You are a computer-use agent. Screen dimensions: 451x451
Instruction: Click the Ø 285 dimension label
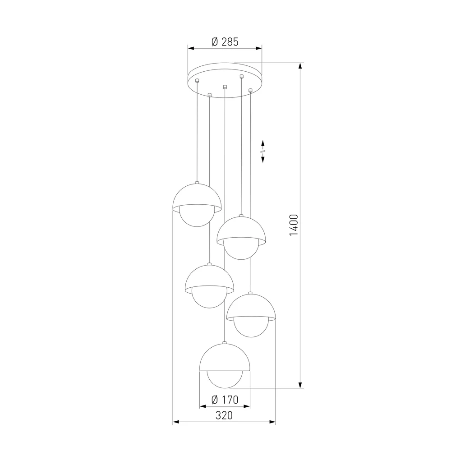pos(224,42)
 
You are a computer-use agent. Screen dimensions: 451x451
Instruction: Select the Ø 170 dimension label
pos(224,399)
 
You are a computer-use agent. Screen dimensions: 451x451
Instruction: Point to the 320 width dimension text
pos(224,415)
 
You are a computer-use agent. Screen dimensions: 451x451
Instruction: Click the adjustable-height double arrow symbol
pos(263,150)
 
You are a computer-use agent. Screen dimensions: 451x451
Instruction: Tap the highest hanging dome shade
pos(197,196)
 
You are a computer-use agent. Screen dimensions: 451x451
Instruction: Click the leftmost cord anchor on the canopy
pos(197,81)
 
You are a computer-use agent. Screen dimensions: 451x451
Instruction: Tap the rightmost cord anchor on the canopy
pos(250,91)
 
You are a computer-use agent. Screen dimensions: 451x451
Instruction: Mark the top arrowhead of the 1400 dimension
pos(300,66)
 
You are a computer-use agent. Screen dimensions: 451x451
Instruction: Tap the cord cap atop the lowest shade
pos(224,343)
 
